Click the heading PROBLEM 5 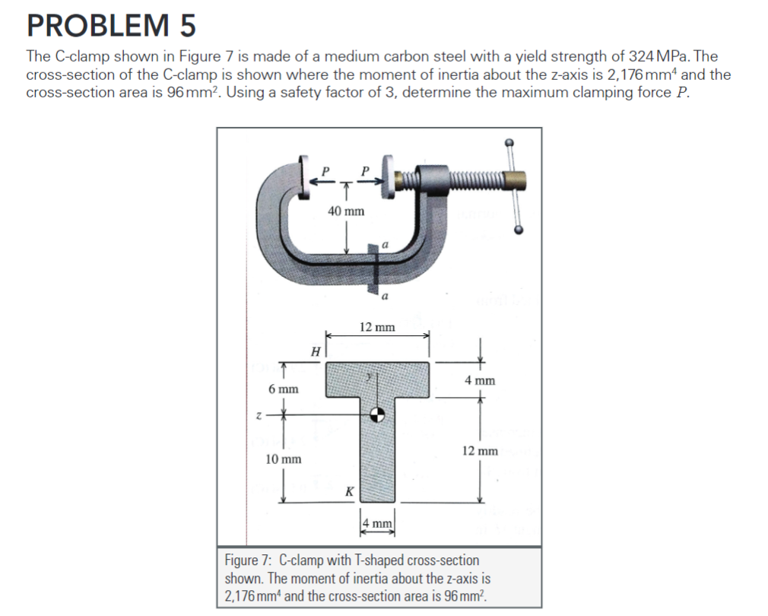(x=111, y=26)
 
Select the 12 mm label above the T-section (x=377, y=327)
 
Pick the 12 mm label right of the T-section (x=480, y=451)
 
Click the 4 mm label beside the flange (x=479, y=379)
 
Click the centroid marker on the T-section (x=376, y=414)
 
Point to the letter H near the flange (x=315, y=351)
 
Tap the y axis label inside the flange (x=370, y=374)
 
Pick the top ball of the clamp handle (x=509, y=142)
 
